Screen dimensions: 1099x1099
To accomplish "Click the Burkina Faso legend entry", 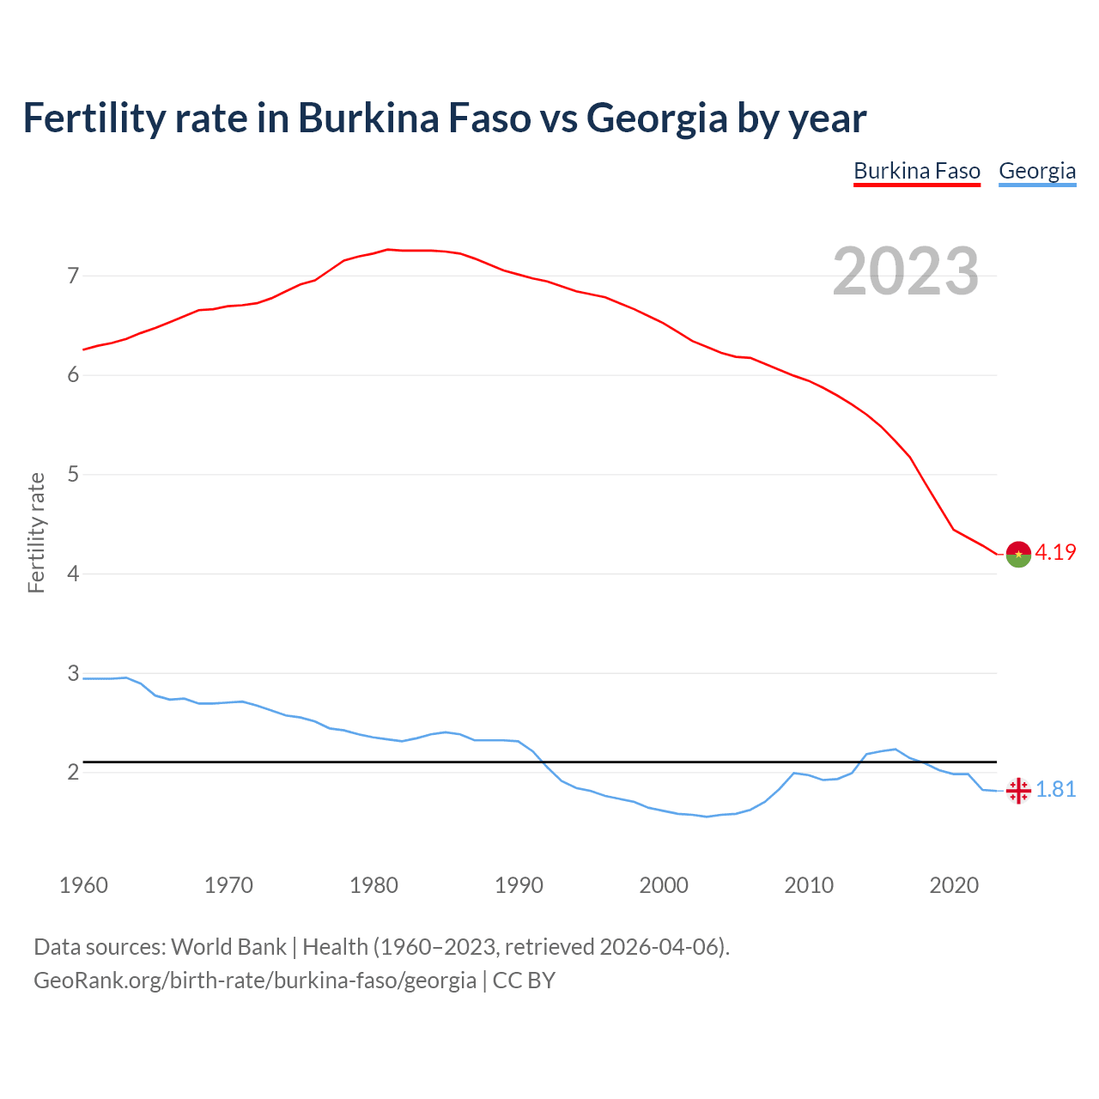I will point(916,171).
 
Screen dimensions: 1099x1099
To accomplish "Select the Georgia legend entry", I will point(1037,171).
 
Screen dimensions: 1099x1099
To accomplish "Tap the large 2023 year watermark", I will point(906,271).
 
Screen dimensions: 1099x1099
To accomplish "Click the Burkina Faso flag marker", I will point(1018,555).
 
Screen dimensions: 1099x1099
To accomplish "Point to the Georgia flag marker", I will point(1018,791).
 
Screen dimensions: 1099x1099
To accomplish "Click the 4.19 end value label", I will point(1055,553).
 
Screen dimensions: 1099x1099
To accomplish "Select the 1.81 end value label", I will point(1055,790).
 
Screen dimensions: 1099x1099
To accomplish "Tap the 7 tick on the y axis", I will point(73,276).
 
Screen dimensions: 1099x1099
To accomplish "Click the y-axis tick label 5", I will point(73,475).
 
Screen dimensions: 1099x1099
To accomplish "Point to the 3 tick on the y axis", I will point(73,673).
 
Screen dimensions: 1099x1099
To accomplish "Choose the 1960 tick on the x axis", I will point(83,885).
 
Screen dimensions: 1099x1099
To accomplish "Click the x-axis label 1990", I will point(519,885).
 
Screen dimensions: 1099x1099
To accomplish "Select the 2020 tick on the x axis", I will point(954,885).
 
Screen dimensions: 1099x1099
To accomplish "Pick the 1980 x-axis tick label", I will point(373,885).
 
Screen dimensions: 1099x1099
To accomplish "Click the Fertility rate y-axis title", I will point(36,532).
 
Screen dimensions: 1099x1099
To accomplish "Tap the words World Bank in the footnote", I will point(228,947).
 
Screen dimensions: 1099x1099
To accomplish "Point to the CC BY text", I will point(524,981).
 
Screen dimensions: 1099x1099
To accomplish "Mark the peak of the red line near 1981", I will point(388,249).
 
